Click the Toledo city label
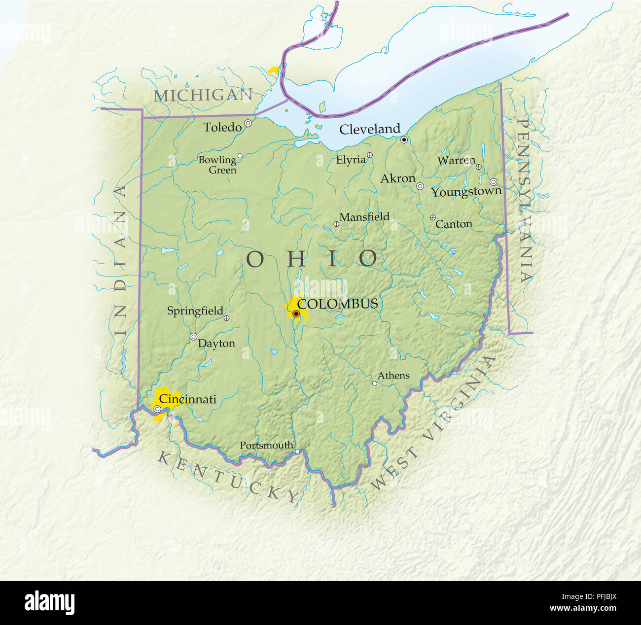coord(222,128)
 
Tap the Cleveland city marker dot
coord(404,140)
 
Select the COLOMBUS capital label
coord(338,304)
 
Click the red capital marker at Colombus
coord(296,313)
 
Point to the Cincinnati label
coord(187,399)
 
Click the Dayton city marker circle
coord(193,337)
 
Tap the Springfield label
coord(195,311)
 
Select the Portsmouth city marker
coord(297,451)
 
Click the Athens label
coord(393,376)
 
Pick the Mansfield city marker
coord(336,224)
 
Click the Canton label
coord(454,224)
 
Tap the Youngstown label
coord(466,192)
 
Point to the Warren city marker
coord(478,167)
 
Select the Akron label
coord(397,179)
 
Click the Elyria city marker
coord(370,155)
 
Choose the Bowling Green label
coord(217,165)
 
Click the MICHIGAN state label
coord(203,95)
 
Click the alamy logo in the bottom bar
coord(49,602)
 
